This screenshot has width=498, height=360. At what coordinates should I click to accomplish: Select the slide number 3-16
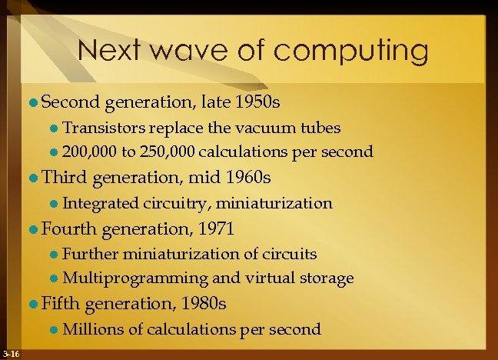[11, 354]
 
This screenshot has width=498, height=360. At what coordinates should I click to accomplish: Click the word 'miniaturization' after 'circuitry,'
[275, 204]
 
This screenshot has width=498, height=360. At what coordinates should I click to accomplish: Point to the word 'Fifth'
[61, 304]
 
